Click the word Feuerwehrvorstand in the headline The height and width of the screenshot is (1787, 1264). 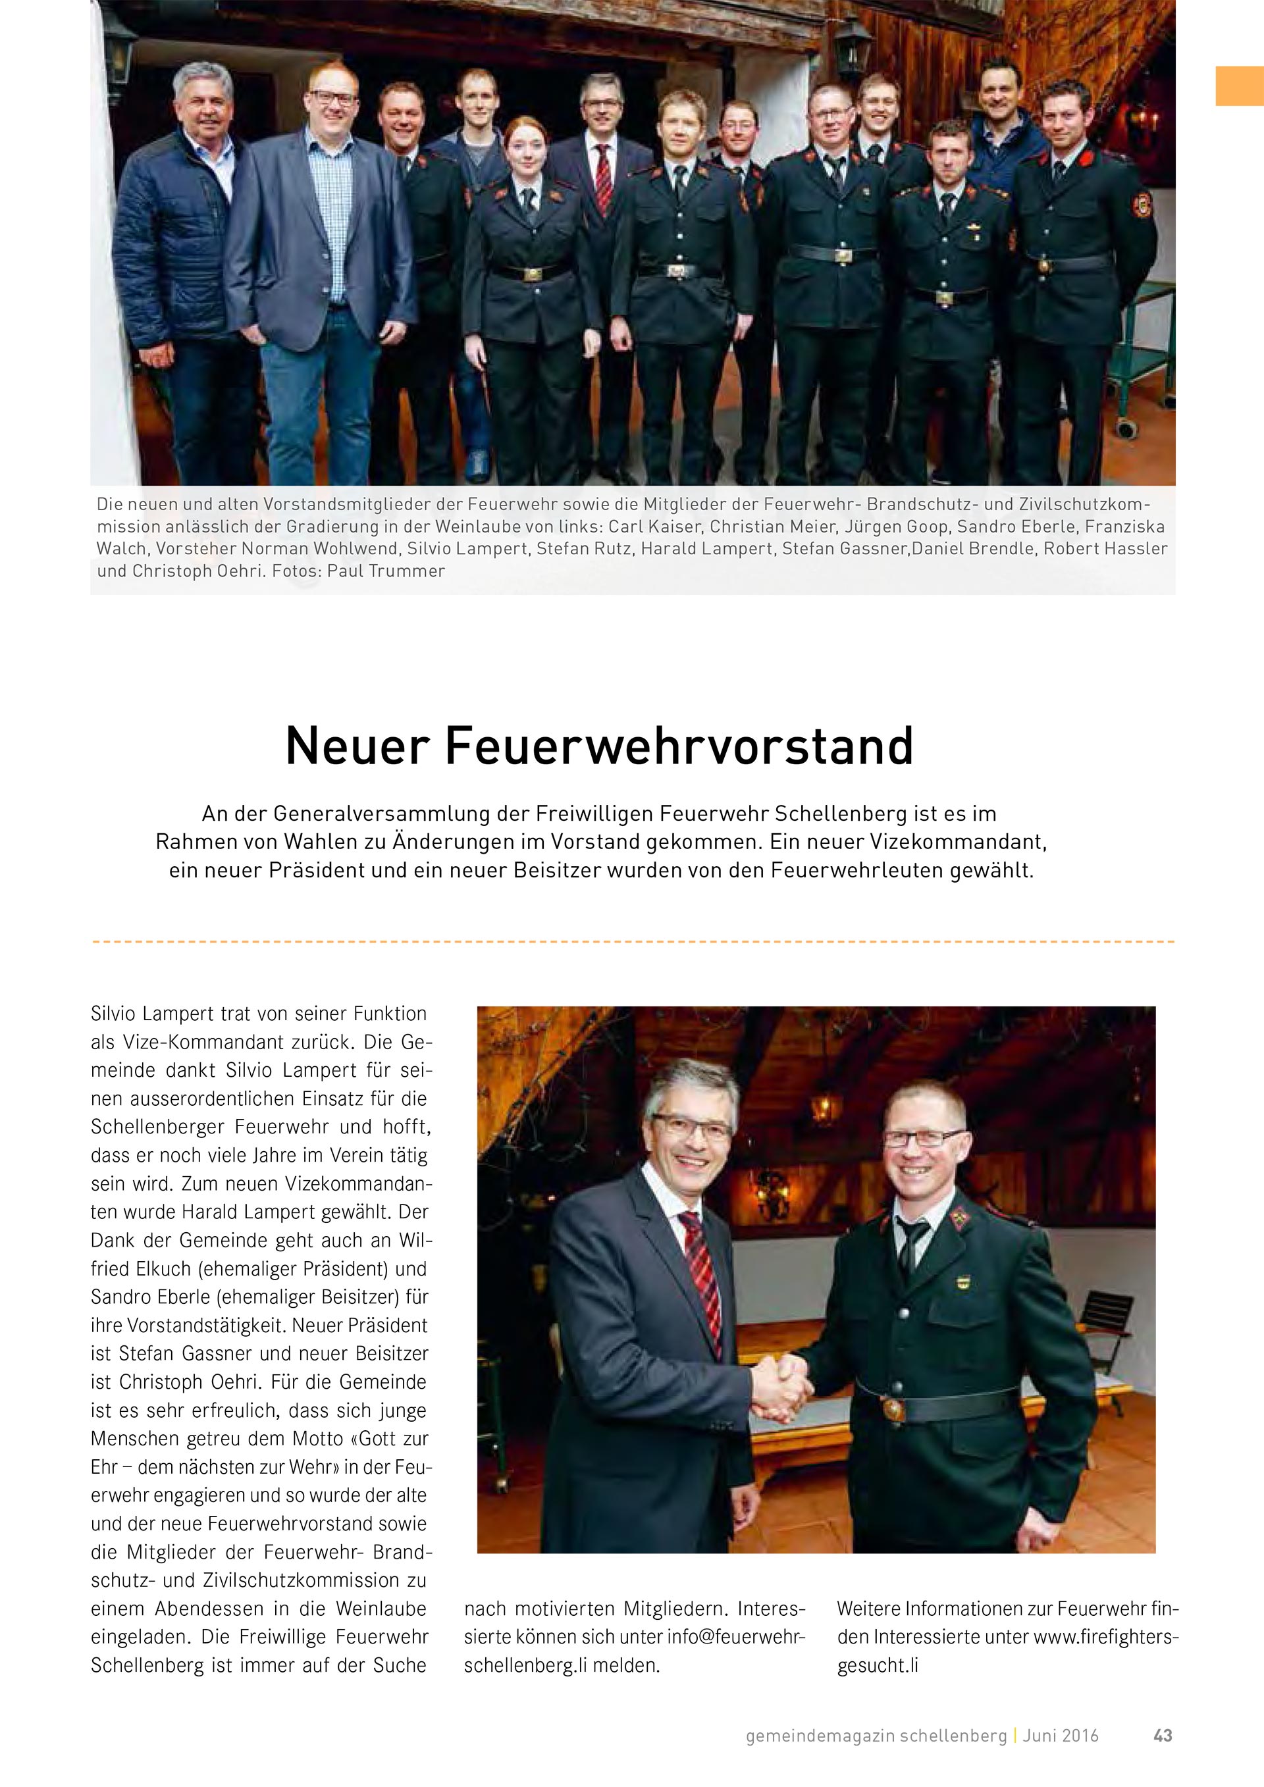coord(678,746)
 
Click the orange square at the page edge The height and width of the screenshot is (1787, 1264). coord(1239,86)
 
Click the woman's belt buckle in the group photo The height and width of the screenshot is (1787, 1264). coord(533,274)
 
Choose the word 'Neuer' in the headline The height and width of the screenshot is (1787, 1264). coord(357,746)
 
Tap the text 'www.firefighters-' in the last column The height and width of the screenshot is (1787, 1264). coord(1106,1637)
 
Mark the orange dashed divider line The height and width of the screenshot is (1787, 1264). coord(632,943)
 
